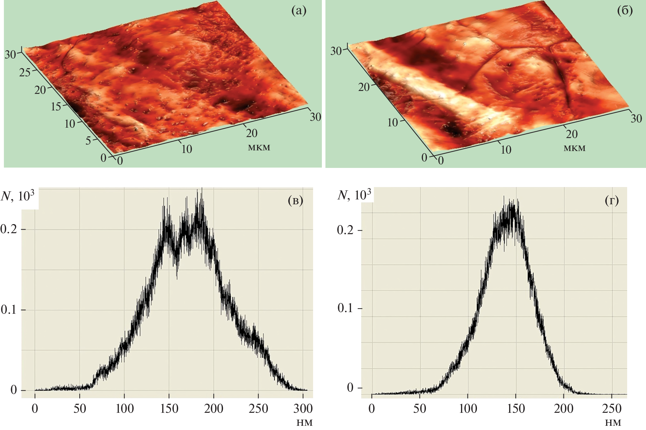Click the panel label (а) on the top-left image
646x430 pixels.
coord(299,11)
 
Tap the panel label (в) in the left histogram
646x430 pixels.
coord(295,201)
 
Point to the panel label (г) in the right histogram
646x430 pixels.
coord(612,201)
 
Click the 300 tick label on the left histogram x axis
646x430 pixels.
coord(303,408)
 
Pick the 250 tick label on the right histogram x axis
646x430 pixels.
coord(612,409)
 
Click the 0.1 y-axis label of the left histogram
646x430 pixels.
coord(9,310)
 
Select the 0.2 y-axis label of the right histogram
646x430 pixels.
coord(345,230)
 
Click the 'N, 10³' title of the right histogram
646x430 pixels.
coord(354,195)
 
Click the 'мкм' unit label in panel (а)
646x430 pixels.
coord(259,147)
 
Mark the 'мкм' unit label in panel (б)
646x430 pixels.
coord(574,148)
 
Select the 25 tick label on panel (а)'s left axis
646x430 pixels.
coord(25,72)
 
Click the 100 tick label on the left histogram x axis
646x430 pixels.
coord(125,408)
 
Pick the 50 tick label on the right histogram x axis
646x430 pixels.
coord(420,409)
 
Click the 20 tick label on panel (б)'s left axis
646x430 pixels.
coord(364,87)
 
